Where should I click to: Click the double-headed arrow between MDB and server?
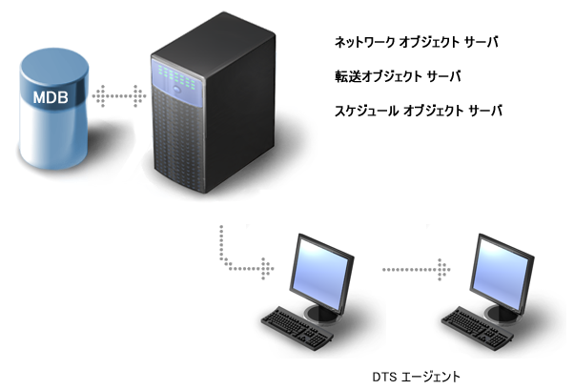[119, 95]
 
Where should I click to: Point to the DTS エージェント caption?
[417, 376]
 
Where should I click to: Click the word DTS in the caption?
[384, 376]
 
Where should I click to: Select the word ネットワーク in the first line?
[360, 44]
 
